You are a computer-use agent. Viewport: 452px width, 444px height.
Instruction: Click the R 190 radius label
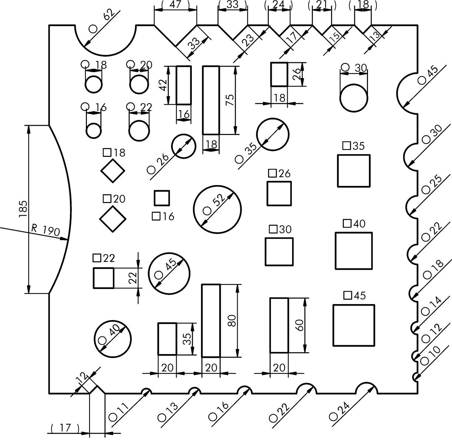pyautogui.click(x=46, y=231)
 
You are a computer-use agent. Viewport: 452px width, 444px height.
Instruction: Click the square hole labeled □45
pyautogui.click(x=354, y=325)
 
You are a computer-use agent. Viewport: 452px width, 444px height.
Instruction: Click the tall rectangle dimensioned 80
pyautogui.click(x=211, y=321)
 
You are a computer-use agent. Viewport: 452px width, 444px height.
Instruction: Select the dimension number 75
pyautogui.click(x=230, y=100)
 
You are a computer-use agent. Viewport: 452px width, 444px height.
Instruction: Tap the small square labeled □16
pyautogui.click(x=162, y=198)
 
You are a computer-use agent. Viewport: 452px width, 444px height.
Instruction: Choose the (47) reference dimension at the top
pyautogui.click(x=175, y=5)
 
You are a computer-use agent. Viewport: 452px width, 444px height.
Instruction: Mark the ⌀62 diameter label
pyautogui.click(x=102, y=21)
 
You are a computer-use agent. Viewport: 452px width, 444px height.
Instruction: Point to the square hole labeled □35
pyautogui.click(x=354, y=171)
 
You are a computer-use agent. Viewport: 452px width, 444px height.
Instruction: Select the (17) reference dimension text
pyautogui.click(x=65, y=428)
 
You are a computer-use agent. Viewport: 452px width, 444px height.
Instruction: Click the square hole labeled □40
pyautogui.click(x=354, y=251)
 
